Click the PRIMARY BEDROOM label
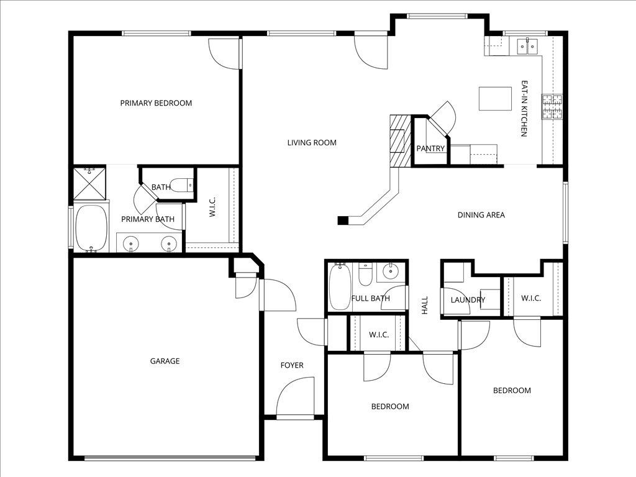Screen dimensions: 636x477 tap(156, 103)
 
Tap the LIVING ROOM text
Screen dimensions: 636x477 tap(312, 143)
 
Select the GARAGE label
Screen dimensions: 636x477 tap(165, 361)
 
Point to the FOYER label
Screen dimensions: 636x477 tap(292, 365)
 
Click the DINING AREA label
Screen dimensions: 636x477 tap(481, 215)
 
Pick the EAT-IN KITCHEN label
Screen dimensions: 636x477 tap(524, 108)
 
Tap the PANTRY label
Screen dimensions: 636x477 tap(431, 148)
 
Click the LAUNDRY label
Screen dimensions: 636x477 tap(468, 300)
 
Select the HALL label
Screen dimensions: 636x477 tap(425, 305)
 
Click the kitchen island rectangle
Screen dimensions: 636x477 tap(495, 99)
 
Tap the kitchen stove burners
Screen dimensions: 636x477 tap(552, 107)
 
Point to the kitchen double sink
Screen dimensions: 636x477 tap(527, 46)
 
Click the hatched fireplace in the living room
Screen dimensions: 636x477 tap(401, 141)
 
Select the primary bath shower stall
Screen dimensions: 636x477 tap(89, 183)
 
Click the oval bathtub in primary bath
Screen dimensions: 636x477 tap(92, 229)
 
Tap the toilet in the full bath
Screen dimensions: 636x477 tap(365, 274)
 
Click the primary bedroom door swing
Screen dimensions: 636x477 tap(224, 53)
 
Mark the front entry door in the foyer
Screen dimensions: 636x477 tap(295, 396)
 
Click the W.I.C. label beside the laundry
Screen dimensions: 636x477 tap(531, 299)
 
